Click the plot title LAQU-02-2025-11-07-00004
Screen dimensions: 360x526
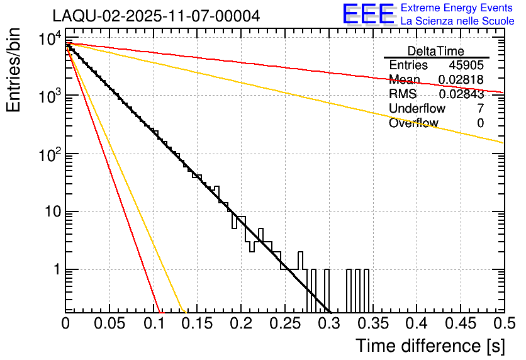tap(156, 16)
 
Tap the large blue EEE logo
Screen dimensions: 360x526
tap(368, 14)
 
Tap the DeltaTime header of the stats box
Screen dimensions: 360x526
tap(436, 51)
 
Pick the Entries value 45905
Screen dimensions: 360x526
tap(466, 65)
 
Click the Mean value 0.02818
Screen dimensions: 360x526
tap(461, 80)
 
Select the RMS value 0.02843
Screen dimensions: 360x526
tap(461, 94)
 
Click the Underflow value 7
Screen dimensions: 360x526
tap(480, 109)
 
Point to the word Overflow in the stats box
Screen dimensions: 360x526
tap(413, 123)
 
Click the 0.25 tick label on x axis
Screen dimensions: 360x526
tap(284, 323)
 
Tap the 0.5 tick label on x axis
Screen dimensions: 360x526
tap(501, 323)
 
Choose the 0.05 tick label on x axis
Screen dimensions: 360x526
tap(109, 323)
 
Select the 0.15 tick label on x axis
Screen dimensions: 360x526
tap(197, 323)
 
